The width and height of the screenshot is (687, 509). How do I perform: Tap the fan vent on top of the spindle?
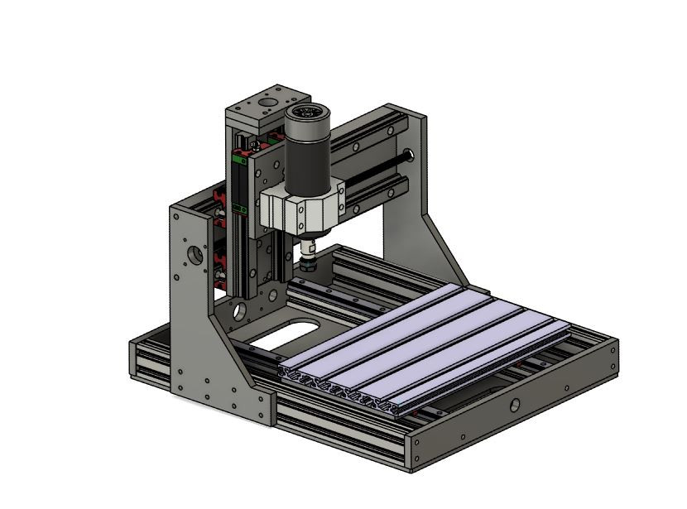(x=307, y=113)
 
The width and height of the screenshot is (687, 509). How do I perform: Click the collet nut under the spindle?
(x=308, y=263)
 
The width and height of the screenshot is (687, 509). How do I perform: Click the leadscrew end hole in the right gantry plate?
(x=409, y=155)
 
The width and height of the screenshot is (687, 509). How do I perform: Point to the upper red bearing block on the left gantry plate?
(x=220, y=201)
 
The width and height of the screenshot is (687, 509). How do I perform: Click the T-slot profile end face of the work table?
(x=339, y=387)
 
